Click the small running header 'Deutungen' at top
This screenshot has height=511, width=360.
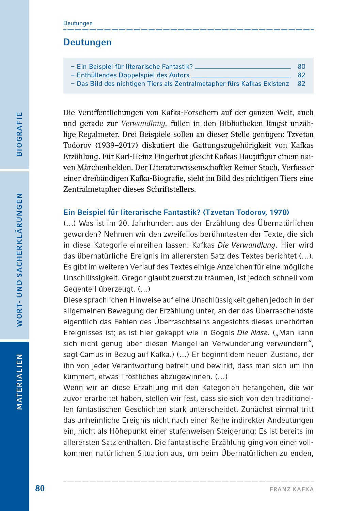click(x=78, y=23)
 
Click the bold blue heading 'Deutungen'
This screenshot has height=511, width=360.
click(x=88, y=42)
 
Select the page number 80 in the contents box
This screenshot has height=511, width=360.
click(x=301, y=66)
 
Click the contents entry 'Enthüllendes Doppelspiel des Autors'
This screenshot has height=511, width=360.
click(x=133, y=75)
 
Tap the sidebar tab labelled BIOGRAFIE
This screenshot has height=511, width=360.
click(x=19, y=134)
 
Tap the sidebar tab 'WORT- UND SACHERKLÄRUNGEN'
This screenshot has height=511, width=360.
click(x=19, y=260)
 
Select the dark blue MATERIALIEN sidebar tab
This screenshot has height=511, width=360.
click(x=19, y=382)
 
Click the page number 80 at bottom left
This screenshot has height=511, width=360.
click(x=40, y=488)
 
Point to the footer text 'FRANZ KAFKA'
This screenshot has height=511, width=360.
click(x=292, y=489)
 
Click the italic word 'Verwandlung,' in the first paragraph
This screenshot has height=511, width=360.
click(x=144, y=123)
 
